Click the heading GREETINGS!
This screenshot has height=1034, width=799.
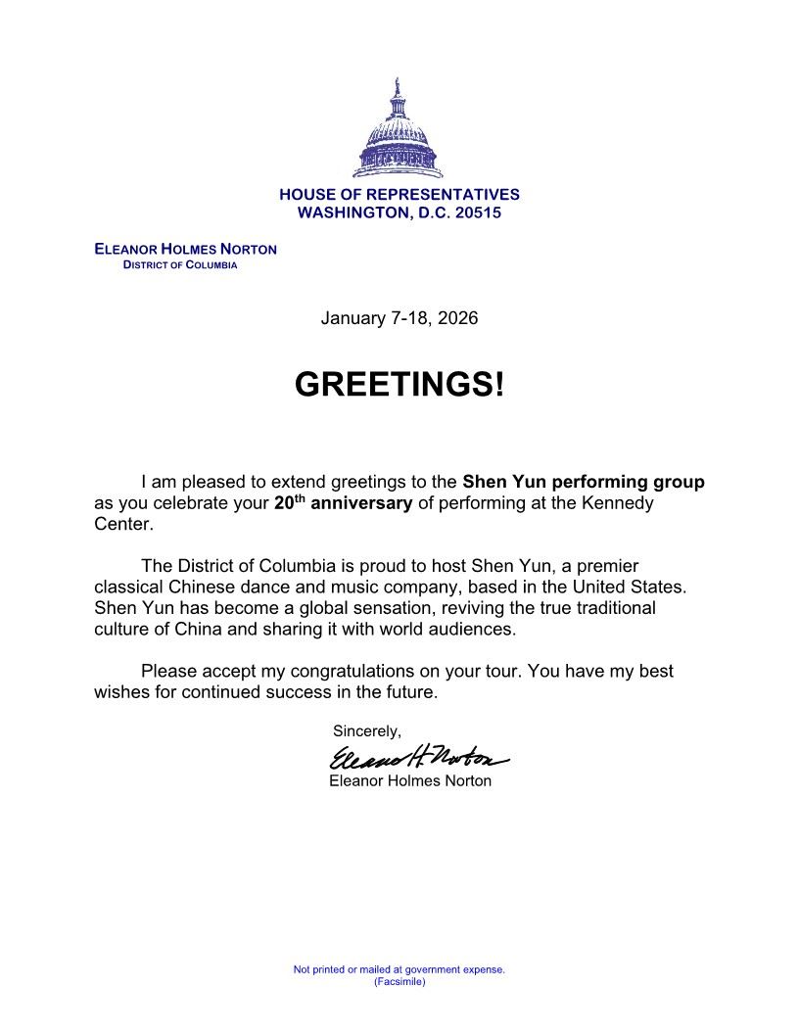coord(399,385)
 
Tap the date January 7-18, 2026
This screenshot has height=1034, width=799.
coord(399,318)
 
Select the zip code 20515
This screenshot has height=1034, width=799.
coord(478,212)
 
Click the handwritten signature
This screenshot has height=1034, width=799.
coord(418,757)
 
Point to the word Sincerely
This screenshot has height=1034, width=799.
coord(366,730)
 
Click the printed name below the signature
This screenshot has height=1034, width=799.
coord(410,780)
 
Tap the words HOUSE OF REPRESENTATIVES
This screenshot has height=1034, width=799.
coord(399,195)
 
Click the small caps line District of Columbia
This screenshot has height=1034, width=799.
coord(180,265)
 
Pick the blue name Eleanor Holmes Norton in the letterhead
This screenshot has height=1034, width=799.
coord(185,249)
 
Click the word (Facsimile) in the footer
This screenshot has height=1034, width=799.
coord(399,981)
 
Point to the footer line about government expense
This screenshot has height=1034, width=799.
coord(399,969)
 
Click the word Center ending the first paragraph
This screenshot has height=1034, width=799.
coord(121,524)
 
